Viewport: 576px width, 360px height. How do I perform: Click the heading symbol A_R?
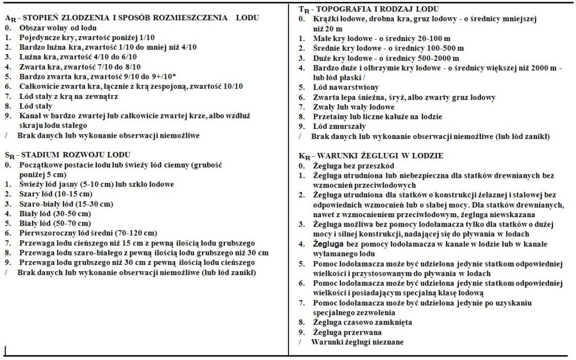9,19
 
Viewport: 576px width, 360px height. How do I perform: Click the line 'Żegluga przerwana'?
346,332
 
